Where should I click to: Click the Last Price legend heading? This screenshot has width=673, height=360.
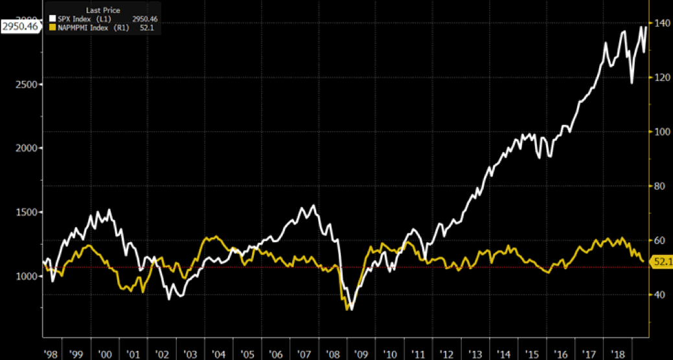pyautogui.click(x=102, y=10)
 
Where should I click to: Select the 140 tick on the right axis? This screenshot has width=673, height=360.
pyautogui.click(x=661, y=23)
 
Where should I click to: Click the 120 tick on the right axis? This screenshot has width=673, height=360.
pyautogui.click(x=661, y=78)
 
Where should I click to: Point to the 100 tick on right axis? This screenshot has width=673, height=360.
pyautogui.click(x=661, y=132)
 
